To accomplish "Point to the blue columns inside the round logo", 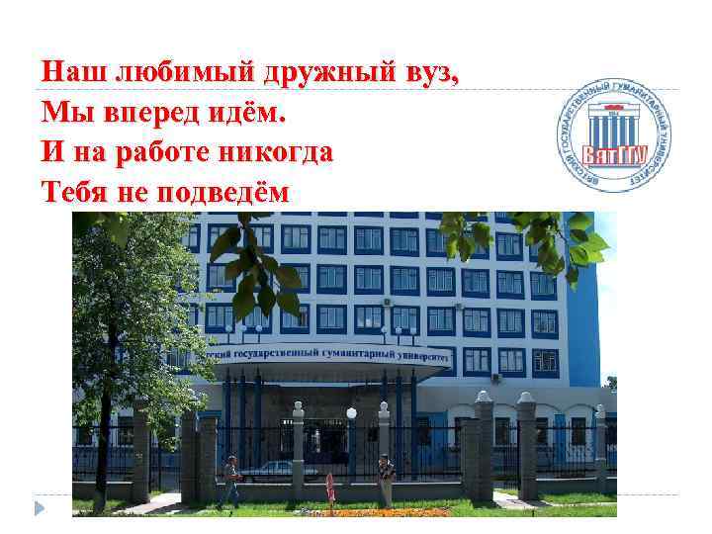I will click(609, 128).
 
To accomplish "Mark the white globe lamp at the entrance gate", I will click(351, 413).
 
